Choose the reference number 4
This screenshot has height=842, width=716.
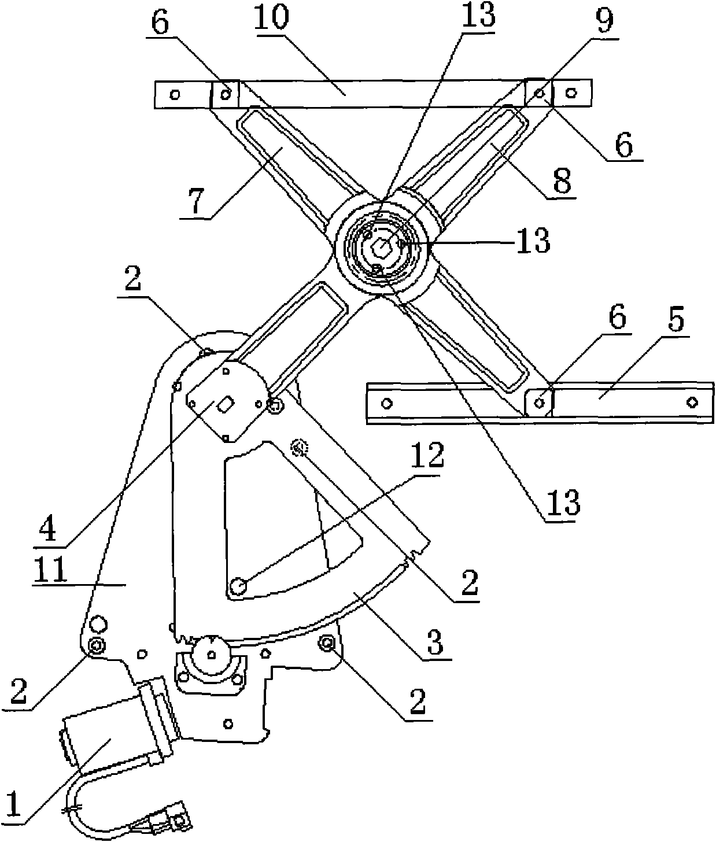(x=50, y=529)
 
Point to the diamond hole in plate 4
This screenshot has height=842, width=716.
(x=226, y=405)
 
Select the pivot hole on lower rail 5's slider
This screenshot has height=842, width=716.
(x=540, y=401)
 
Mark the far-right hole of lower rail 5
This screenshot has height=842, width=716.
(x=691, y=401)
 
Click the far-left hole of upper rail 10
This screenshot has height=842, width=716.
(x=175, y=94)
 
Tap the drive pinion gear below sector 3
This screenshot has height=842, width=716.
(x=212, y=653)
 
